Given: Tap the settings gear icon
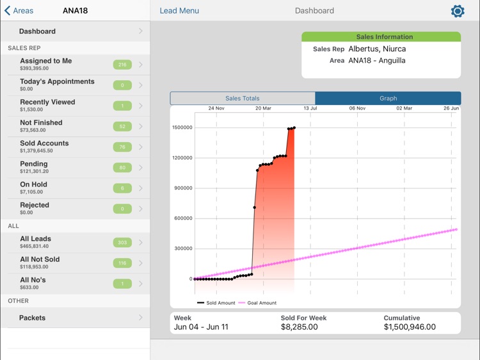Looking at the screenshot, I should pos(458,11).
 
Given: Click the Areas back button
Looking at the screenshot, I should pos(19,11).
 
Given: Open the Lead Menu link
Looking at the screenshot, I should pos(179,11).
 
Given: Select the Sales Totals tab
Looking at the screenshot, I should pos(243,99).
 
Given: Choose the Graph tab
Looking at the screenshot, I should pos(388,99).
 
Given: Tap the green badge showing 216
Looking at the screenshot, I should pos(122,65).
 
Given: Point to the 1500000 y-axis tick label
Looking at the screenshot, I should pos(182,127).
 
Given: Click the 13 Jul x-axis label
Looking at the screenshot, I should pos(310,109).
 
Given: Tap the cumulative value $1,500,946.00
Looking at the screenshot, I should pos(410,327).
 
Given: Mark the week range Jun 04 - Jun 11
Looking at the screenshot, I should pos(201,327).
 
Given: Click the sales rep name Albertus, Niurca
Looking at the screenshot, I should pos(377,49).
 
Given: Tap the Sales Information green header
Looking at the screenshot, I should pos(381,37).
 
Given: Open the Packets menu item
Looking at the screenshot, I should pos(32,318).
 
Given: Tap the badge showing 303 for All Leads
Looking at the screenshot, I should pos(122,243).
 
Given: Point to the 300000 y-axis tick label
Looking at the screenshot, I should pos(183,249).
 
